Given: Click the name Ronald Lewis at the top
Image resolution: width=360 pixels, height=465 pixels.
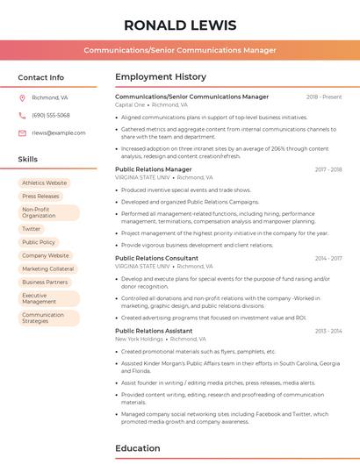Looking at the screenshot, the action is pos(180,24).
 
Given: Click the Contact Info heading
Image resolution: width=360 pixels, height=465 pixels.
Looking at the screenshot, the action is pos(41,77).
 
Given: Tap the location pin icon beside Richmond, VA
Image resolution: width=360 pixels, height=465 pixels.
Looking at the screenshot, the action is pos(22,98).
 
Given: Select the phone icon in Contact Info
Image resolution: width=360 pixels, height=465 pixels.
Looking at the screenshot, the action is pos(22,116).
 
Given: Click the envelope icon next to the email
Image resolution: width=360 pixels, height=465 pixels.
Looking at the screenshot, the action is pos(22,133).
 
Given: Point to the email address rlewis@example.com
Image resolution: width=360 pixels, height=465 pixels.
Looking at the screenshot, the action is pos(59,133).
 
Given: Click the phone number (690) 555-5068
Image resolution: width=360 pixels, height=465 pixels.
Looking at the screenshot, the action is pos(51,116).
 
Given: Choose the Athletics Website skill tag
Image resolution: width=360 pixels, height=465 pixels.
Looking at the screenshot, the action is pos(44,182).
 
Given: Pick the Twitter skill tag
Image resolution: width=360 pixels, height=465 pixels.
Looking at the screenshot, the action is pos(32,229).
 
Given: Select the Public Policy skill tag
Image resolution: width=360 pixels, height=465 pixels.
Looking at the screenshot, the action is pos(39,242).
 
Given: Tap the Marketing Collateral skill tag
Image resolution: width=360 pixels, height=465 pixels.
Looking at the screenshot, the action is pos(48,268).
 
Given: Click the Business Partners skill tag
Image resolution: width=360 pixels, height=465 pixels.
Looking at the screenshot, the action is pos(45,283).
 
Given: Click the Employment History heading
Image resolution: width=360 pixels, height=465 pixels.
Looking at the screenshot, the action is pos(161,77).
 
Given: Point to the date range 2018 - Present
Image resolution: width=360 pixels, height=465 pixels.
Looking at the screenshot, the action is pos(324,97).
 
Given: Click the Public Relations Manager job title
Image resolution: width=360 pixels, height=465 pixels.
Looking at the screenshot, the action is pos(154,169).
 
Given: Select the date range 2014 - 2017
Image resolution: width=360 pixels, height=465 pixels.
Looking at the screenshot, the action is pos(328,259).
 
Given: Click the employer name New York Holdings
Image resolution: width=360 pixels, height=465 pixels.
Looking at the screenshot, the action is pos(139,339).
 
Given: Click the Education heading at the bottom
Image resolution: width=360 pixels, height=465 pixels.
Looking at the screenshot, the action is pos(139,448).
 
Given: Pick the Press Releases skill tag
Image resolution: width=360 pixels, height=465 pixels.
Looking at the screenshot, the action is pos(40,197).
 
